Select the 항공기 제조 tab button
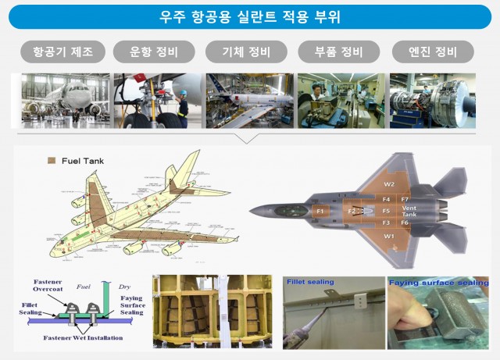click(62, 52)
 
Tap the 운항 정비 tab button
click(155, 52)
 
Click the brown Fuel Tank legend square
click(51, 161)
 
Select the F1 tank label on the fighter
click(319, 211)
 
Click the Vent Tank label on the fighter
click(409, 212)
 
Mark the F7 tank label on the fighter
click(405, 200)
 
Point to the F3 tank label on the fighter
click(386, 223)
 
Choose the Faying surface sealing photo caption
click(437, 282)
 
